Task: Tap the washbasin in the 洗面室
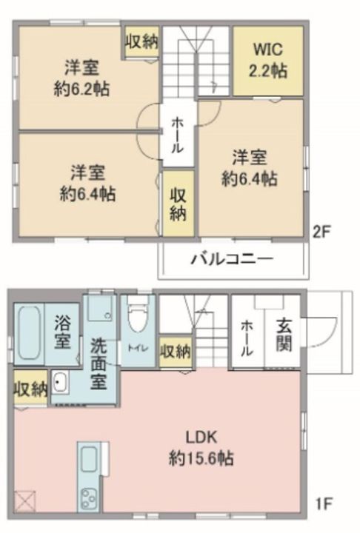click(x=60, y=384)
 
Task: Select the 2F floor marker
click(x=320, y=230)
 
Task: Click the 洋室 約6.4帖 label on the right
click(x=250, y=168)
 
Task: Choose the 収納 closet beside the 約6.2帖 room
click(x=141, y=42)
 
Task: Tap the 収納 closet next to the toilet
click(x=175, y=352)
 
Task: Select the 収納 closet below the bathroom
click(x=30, y=388)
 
